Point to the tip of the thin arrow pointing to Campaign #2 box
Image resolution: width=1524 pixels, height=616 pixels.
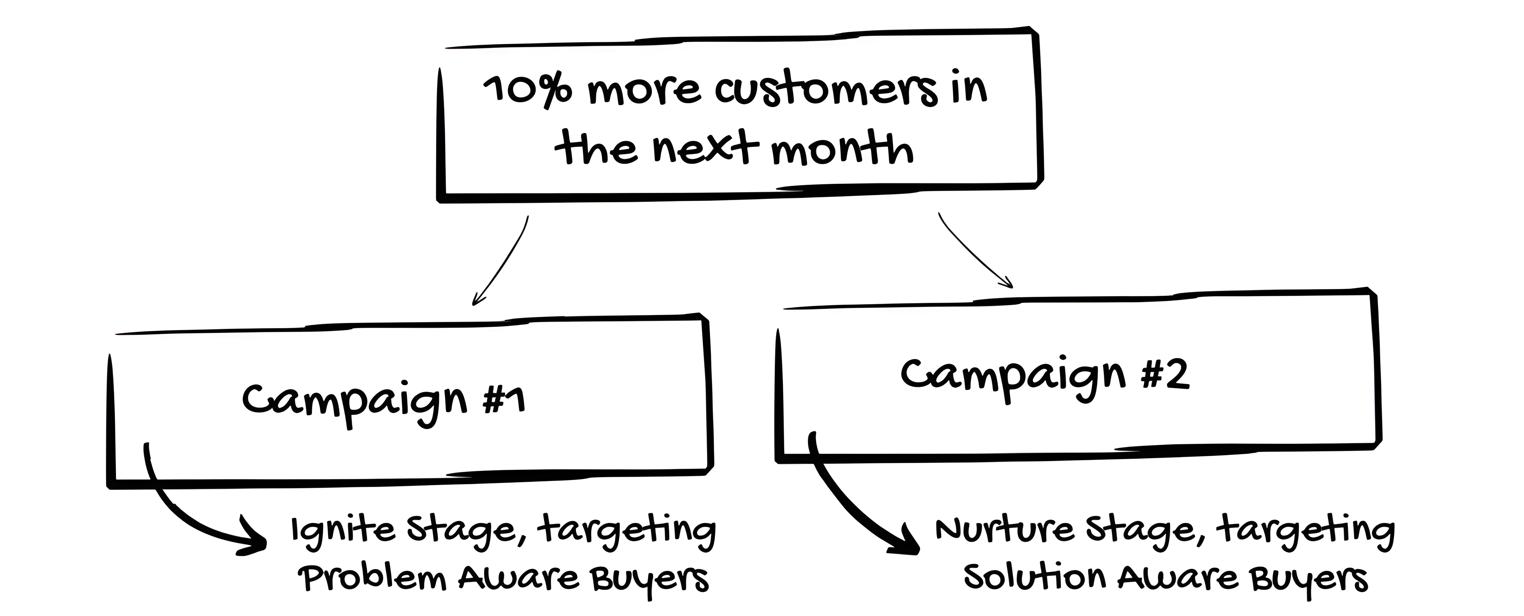(x=1012, y=287)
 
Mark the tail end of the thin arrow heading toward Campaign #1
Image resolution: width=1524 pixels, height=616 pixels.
(x=527, y=216)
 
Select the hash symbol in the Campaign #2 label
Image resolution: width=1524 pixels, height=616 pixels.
(x=1154, y=375)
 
